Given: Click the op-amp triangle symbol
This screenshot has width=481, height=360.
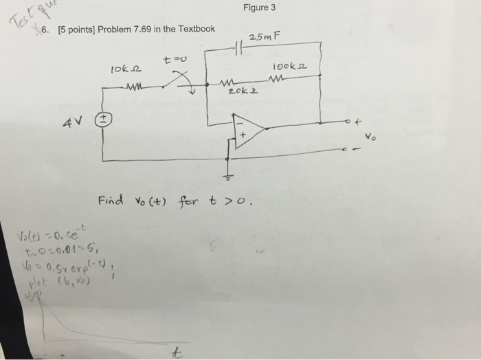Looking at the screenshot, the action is (x=247, y=129).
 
